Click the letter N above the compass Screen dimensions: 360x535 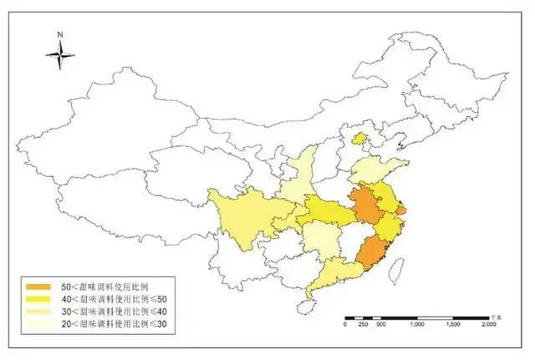pyautogui.click(x=60, y=34)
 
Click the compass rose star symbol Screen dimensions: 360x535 pyautogui.click(x=60, y=56)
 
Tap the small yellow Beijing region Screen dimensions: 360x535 pyautogui.click(x=360, y=139)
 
